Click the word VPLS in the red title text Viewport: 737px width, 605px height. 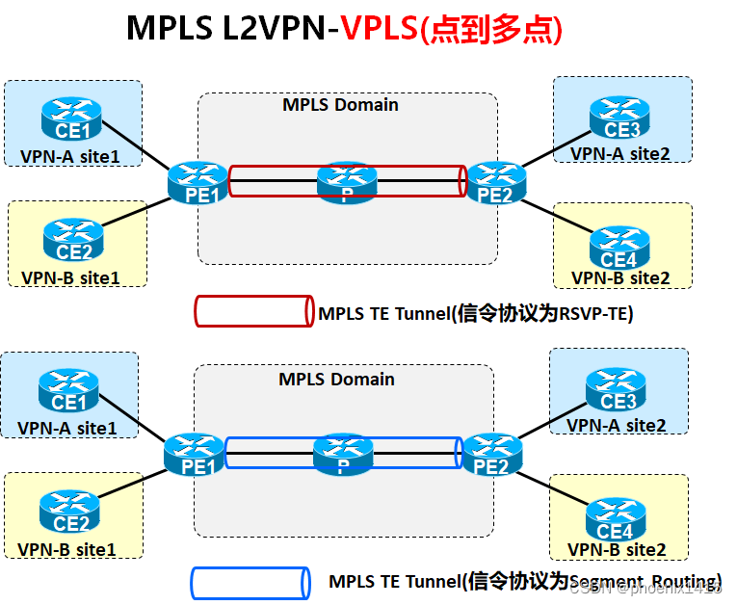click(x=380, y=28)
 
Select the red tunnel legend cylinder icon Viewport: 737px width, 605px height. click(x=253, y=311)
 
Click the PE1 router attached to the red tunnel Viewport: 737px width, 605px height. click(x=197, y=183)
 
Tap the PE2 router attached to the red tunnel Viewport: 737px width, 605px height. click(x=495, y=183)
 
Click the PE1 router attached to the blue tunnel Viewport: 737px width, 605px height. click(x=194, y=456)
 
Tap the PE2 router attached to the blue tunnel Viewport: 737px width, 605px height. click(x=492, y=456)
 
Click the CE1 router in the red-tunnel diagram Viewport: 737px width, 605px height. click(x=71, y=119)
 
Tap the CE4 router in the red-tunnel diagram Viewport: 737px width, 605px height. click(x=619, y=248)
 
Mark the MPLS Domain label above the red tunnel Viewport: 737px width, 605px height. click(x=340, y=104)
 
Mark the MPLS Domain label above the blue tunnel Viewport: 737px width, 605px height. click(x=336, y=379)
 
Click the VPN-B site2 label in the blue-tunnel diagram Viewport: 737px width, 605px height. click(x=617, y=549)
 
